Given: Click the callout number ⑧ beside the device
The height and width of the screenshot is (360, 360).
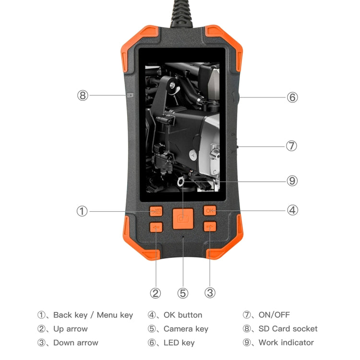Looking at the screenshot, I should pos(83,95).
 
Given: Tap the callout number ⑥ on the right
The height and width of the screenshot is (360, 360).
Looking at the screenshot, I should pos(292,97).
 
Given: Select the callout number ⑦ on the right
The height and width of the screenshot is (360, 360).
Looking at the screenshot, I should pos(291,146).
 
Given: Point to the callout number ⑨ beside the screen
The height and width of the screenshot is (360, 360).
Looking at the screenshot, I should pos(292,181).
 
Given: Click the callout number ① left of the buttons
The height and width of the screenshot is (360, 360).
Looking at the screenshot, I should pos(83,211).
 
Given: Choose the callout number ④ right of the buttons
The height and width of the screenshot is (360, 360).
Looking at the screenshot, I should pos(293,210).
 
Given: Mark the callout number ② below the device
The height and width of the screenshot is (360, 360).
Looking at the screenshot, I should pos(156,293).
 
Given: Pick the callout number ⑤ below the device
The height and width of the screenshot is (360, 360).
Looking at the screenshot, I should pos(182,293).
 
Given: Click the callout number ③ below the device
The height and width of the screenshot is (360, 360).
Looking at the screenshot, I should pos(210,293).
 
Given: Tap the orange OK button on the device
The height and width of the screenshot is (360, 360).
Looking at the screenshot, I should pos(210,211).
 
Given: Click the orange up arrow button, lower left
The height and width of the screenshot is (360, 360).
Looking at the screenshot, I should pos(156,227).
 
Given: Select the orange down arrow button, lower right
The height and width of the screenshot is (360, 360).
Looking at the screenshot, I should pos(210,227).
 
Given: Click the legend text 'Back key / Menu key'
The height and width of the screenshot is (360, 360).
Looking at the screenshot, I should pos(93,315).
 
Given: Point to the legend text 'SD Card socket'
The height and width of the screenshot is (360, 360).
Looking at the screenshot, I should pos(288,329).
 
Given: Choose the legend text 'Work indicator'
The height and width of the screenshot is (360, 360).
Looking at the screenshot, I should pos(286,343).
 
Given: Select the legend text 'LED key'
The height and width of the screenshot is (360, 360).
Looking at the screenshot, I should pos(179,343).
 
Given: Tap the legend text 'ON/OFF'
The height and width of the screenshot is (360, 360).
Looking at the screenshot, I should pos(274,315).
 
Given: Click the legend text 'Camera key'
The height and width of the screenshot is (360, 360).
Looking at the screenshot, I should pos(186,329).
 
